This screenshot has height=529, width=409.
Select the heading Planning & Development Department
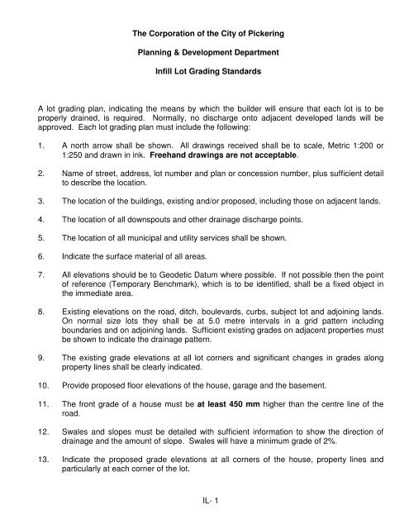203,55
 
